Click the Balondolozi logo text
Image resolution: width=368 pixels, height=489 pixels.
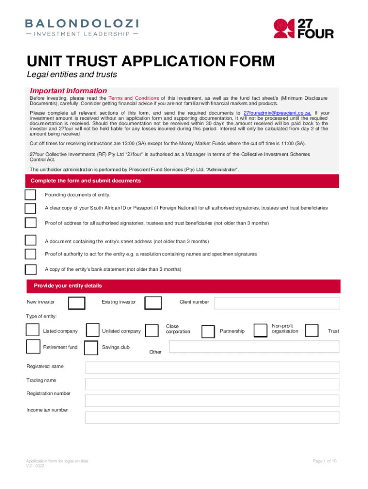coord(82,23)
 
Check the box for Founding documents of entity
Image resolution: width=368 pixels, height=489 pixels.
coord(31,195)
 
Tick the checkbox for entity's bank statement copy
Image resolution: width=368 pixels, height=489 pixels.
coord(31,269)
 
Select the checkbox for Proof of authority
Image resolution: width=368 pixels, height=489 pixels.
coord(31,254)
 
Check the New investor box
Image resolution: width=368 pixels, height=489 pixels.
coord(77,303)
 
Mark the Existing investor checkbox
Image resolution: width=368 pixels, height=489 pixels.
coord(153,303)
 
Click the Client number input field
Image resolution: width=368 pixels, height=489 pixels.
coord(277,303)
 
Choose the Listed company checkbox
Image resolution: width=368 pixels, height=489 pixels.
coord(32,330)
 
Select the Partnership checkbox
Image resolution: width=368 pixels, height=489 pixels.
coord(208,331)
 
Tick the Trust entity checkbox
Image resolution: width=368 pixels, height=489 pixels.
coord(312,330)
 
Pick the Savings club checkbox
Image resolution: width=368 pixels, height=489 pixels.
coord(91,348)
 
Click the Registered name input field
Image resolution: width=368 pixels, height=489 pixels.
coord(212,368)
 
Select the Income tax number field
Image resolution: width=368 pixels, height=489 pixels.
coord(212,417)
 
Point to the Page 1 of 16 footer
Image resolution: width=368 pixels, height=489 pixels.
coord(325,461)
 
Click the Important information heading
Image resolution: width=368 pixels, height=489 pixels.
coord(68,91)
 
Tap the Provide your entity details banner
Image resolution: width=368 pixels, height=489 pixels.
coord(184,286)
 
